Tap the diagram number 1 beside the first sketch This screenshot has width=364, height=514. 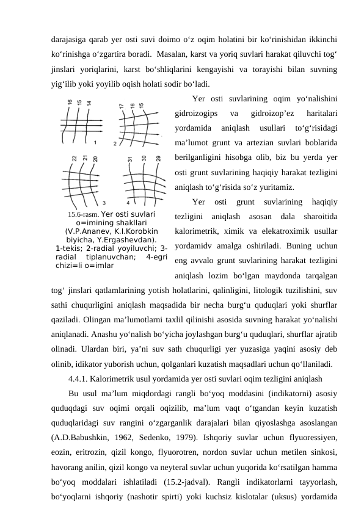95,141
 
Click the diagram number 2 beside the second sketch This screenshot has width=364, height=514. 115,143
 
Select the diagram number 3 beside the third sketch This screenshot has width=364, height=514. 103,202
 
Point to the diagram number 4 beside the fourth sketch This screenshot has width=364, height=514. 128,201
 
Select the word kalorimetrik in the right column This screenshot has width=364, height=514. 196,233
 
